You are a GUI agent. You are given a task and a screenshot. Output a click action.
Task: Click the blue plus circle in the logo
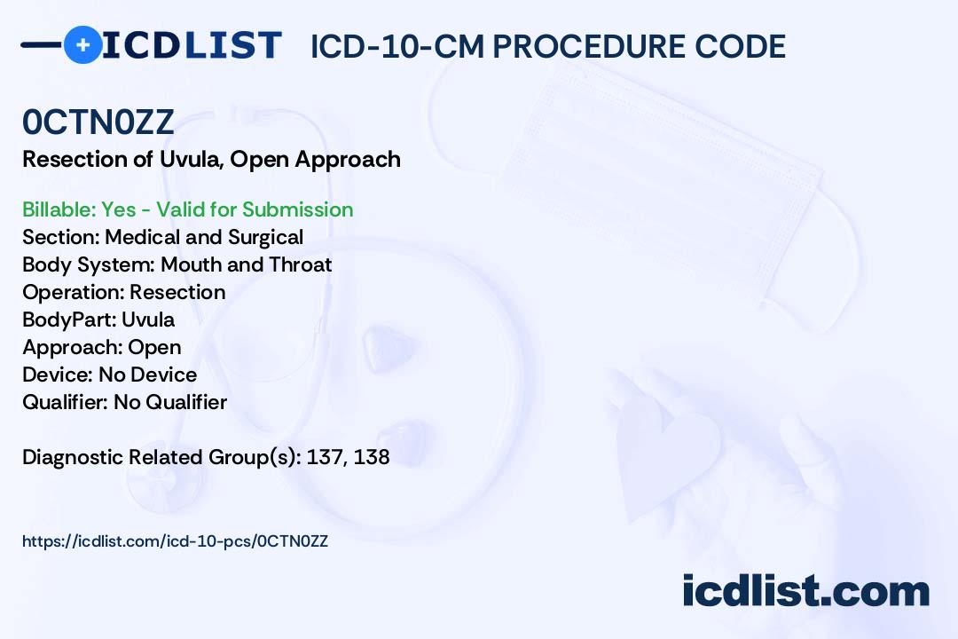(x=82, y=45)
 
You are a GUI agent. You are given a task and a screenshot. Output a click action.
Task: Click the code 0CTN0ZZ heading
(x=98, y=122)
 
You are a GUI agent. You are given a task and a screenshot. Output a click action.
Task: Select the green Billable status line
(x=187, y=209)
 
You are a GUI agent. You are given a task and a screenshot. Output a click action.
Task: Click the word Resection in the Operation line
(x=177, y=292)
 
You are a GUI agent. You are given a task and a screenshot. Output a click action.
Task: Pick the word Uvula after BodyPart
(x=148, y=319)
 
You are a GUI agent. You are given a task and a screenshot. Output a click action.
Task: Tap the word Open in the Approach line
(x=154, y=347)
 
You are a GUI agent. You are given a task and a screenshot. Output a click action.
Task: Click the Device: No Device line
(x=110, y=375)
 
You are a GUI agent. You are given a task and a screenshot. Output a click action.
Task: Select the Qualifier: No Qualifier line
(x=125, y=402)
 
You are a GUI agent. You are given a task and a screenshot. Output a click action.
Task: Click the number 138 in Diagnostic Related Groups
(x=372, y=457)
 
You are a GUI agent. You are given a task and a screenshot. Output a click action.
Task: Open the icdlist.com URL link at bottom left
(x=176, y=541)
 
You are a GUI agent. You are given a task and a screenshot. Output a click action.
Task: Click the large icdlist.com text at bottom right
(x=805, y=590)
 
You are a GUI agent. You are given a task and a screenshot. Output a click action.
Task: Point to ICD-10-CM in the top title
(x=397, y=46)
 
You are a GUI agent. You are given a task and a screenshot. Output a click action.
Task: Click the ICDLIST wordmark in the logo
(x=192, y=45)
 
